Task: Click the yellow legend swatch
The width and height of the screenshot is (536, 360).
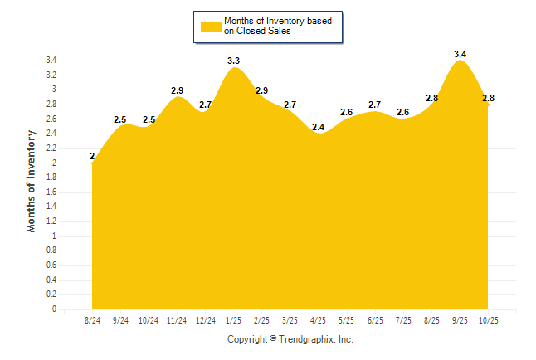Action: tap(211, 26)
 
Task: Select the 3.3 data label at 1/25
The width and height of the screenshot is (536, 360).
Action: tap(233, 61)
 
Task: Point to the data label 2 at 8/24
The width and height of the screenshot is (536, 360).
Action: tap(92, 156)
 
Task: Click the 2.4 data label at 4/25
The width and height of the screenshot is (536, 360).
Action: tap(318, 127)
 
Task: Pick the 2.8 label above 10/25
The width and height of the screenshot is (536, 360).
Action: tap(488, 98)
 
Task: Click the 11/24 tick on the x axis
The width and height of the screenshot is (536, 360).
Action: tap(177, 319)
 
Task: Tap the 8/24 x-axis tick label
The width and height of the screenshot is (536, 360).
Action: tap(92, 319)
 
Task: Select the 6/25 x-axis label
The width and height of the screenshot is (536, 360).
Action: tap(374, 319)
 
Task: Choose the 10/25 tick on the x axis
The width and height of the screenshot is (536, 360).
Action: tap(488, 319)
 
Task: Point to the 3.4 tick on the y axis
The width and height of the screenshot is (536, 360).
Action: tap(51, 61)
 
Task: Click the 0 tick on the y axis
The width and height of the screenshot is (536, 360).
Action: tap(54, 309)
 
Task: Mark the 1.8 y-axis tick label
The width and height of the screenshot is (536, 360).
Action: tap(51, 178)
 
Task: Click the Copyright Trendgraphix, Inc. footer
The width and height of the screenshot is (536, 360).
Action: tap(290, 339)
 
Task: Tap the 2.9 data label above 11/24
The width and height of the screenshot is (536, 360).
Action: tap(177, 90)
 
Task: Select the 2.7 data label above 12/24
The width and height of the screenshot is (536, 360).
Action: tap(205, 105)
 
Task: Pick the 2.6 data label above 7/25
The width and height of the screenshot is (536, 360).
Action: tap(402, 112)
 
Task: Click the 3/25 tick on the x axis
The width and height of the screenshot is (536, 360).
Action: tap(290, 319)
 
